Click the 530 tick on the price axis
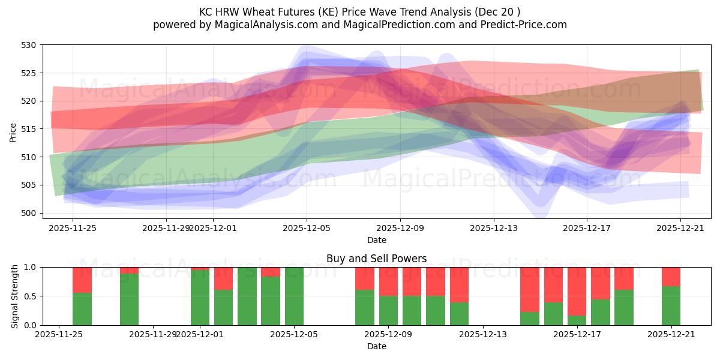[30, 45]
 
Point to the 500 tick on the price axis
[30, 213]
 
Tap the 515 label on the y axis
[30, 129]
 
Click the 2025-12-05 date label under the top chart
[307, 228]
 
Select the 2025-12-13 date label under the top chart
[494, 228]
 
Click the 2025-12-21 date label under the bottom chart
[671, 335]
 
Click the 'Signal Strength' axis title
[15, 296]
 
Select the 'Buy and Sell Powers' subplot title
[376, 259]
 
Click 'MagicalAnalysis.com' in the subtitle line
[262, 25]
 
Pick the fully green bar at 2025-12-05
[294, 296]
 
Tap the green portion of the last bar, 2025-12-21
[671, 306]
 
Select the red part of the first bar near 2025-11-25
[82, 280]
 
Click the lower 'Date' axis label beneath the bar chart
[376, 346]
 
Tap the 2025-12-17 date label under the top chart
[587, 228]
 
